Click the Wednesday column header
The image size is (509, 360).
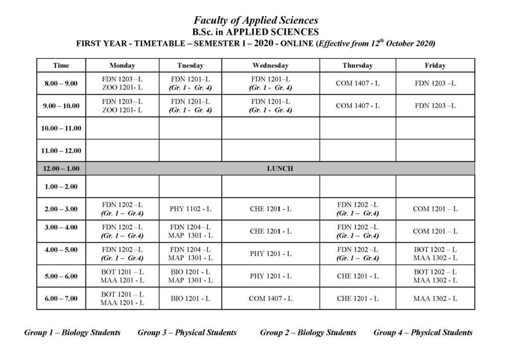tap(270, 66)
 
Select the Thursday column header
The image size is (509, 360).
tap(357, 66)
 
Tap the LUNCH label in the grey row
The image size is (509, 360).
tap(280, 169)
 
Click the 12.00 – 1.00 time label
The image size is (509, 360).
tap(61, 169)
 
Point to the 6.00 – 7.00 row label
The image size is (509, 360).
tap(61, 298)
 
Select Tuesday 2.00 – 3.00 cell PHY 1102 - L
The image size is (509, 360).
tap(190, 209)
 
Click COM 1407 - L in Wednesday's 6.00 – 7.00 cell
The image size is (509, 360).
tap(270, 298)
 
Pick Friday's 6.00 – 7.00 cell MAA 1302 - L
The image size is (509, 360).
tap(435, 298)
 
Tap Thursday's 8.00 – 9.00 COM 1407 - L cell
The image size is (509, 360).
tap(357, 83)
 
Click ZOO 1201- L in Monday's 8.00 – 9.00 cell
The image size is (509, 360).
tap(122, 88)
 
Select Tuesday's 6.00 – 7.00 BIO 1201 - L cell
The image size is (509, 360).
tap(190, 298)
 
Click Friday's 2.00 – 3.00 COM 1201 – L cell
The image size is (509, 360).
tap(435, 209)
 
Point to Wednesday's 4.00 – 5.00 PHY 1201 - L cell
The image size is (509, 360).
tap(270, 254)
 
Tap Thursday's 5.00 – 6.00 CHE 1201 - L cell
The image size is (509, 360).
tap(357, 276)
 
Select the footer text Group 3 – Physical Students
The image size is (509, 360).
tap(187, 332)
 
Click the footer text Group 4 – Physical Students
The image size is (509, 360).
tap(423, 332)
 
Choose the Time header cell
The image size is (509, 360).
tap(61, 66)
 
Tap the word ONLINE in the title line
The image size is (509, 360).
tap(297, 43)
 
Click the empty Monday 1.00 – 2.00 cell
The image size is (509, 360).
tap(122, 186)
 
